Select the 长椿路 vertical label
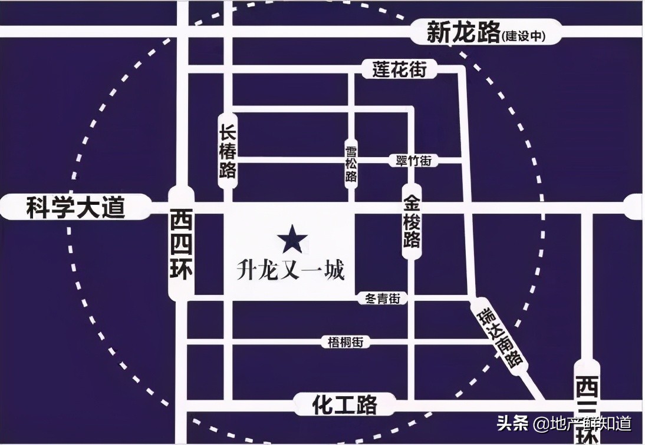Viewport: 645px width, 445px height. (x=228, y=151)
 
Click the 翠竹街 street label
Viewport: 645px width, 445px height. (x=414, y=161)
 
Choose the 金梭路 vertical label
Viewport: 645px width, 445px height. (x=412, y=224)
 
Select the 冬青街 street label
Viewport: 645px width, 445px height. (x=383, y=299)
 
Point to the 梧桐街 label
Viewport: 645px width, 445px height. (x=350, y=341)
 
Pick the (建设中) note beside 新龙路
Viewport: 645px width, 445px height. (x=524, y=36)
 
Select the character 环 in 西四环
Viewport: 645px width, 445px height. (x=181, y=272)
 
